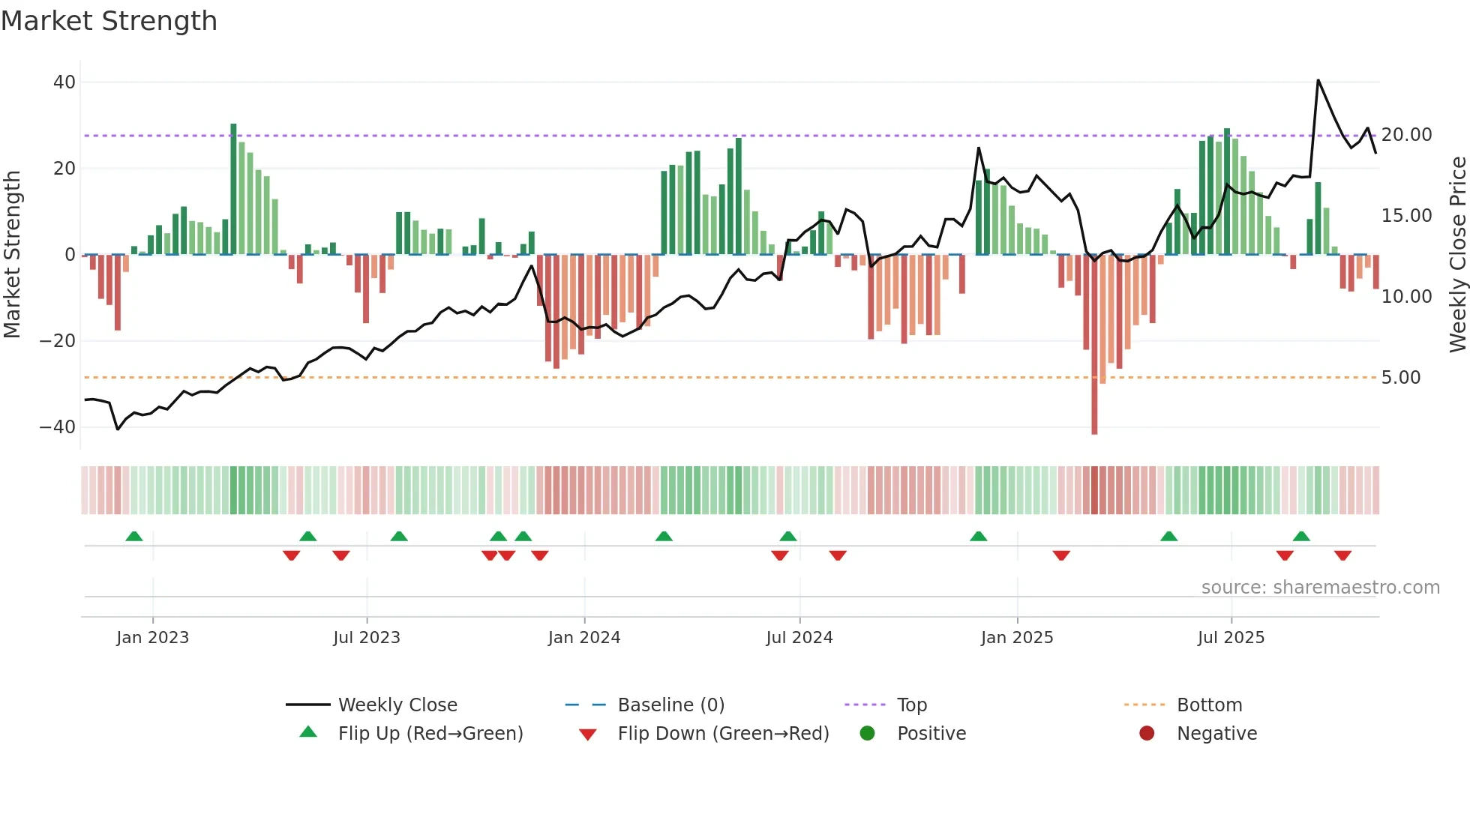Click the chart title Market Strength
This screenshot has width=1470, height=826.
[109, 21]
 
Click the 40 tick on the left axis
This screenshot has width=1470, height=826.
[64, 82]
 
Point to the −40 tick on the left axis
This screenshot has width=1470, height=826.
[58, 427]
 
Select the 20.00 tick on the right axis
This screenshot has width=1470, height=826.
[1406, 135]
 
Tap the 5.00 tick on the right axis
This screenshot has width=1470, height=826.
[1400, 378]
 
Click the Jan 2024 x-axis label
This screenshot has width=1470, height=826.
[584, 638]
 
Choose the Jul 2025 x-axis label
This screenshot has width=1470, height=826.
[1231, 638]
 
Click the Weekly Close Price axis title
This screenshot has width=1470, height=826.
[1457, 255]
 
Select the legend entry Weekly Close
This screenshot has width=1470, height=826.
[397, 705]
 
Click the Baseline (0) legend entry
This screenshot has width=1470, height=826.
[670, 705]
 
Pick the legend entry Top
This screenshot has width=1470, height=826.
[911, 705]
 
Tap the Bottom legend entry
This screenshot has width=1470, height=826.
[1209, 705]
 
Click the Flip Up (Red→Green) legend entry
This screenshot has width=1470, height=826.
[430, 734]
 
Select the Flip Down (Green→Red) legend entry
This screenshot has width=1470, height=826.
[723, 734]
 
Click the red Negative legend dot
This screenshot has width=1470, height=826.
[1147, 734]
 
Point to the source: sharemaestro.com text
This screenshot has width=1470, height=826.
[1320, 588]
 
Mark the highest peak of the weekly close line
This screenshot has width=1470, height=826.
[1318, 80]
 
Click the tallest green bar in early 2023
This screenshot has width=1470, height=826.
[233, 187]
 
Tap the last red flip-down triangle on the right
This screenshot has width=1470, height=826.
[1342, 555]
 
